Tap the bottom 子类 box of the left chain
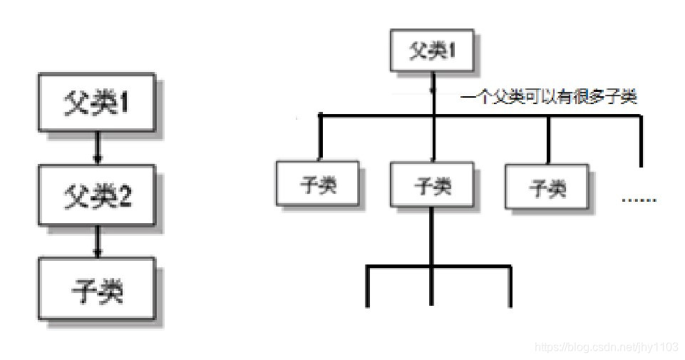tap(98, 291)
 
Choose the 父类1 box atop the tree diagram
tap(431, 52)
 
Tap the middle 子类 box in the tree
tap(431, 186)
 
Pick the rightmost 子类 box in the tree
tap(547, 187)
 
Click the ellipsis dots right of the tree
tap(639, 199)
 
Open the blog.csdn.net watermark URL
tap(606, 347)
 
